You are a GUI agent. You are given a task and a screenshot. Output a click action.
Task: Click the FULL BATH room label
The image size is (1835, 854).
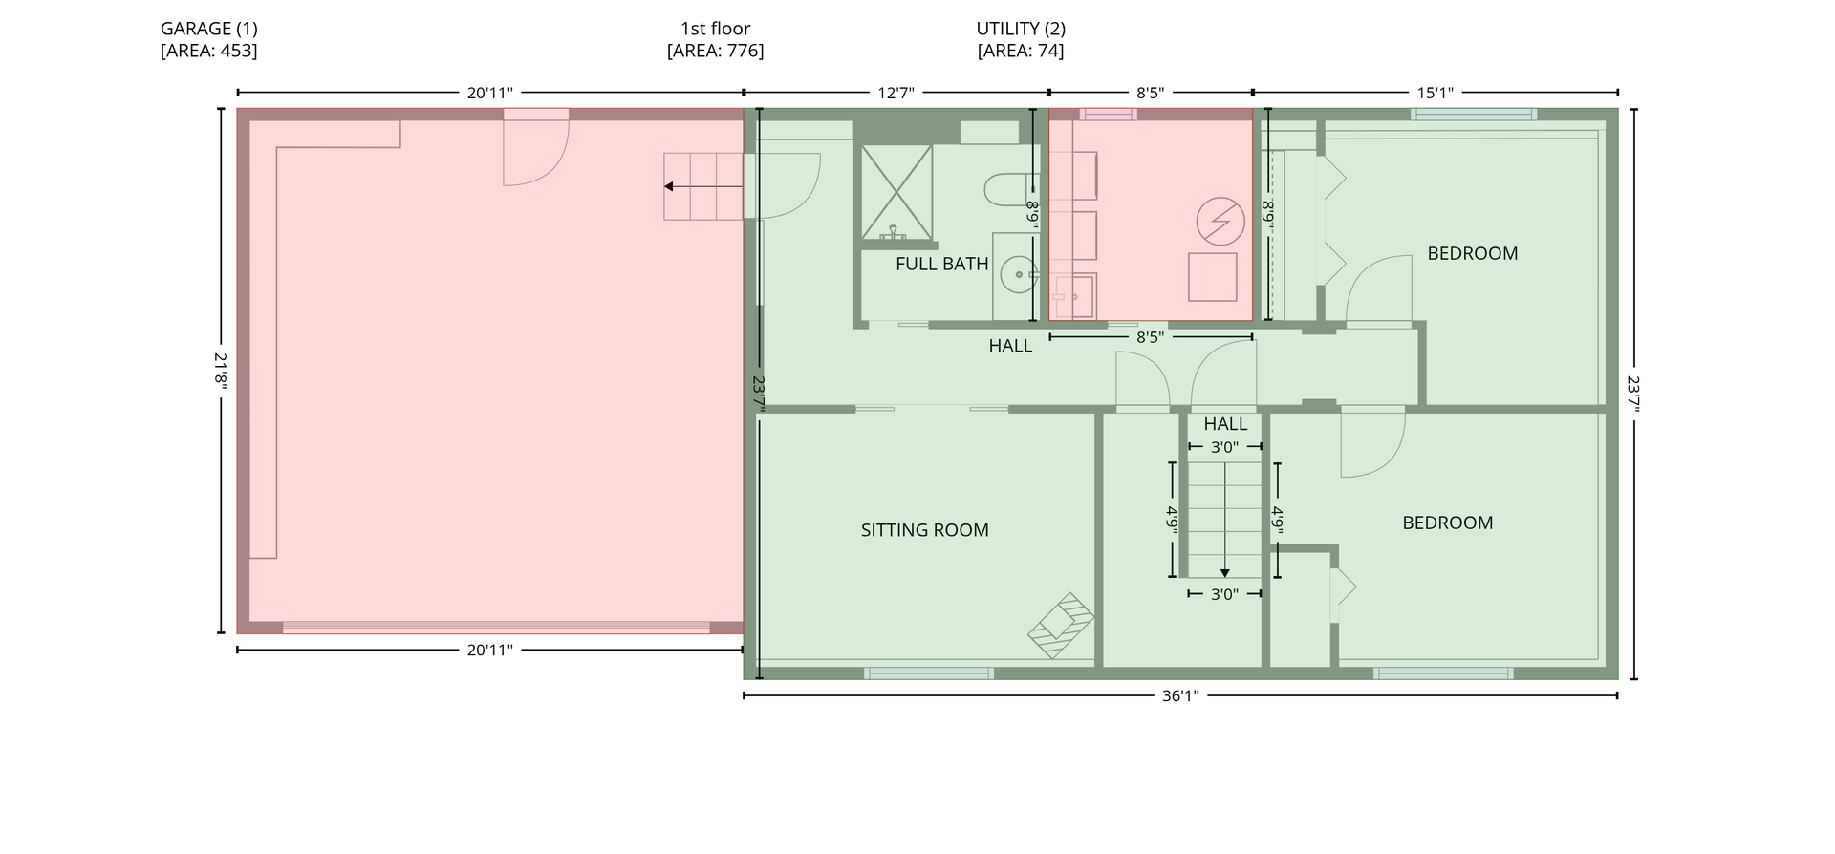941,264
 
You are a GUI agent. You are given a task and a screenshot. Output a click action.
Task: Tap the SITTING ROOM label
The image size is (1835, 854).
924,530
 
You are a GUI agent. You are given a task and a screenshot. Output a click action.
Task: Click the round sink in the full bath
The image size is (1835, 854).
1019,275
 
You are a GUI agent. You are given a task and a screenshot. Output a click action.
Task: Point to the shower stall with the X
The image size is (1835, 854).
896,192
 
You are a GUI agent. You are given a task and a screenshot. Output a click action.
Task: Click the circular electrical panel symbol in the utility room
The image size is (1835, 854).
1220,222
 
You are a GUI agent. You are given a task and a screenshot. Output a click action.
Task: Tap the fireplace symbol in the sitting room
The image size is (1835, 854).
1060,626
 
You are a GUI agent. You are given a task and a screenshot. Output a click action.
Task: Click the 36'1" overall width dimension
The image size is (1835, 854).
1180,695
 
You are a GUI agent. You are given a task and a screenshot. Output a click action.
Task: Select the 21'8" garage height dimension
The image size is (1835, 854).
222,371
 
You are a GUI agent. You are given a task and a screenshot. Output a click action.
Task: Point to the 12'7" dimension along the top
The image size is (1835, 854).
896,93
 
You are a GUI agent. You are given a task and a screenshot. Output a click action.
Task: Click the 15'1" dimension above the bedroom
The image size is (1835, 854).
1435,93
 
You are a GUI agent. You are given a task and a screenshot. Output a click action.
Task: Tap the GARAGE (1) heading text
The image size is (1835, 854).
209,29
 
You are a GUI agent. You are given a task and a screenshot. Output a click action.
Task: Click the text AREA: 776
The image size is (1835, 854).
716,51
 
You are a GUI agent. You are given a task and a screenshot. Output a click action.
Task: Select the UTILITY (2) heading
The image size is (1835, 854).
1021,29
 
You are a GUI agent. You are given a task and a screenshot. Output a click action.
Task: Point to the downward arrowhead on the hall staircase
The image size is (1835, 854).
1225,572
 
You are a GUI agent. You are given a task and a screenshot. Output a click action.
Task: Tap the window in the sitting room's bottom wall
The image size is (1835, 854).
928,673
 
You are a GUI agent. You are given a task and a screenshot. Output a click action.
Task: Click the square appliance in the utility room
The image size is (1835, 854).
1213,277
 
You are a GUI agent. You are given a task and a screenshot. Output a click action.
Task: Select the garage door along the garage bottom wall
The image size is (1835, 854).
496,628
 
